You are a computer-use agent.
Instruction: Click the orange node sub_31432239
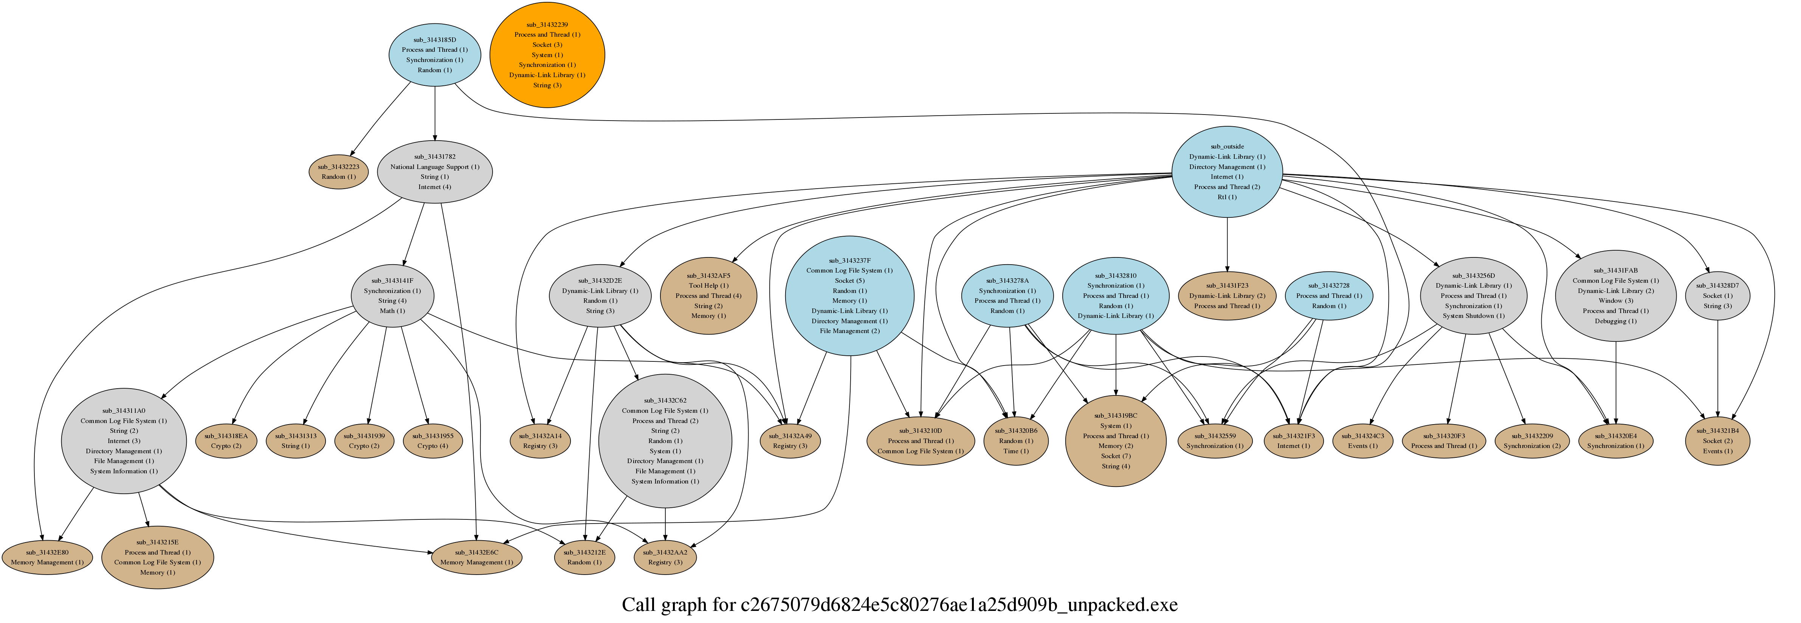click(x=547, y=54)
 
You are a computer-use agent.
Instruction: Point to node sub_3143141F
click(x=392, y=296)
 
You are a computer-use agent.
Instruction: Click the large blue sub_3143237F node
click(x=849, y=296)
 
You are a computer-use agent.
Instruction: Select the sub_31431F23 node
click(x=1227, y=296)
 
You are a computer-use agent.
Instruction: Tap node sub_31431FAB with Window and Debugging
click(x=1615, y=296)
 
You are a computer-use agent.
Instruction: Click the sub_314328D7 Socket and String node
click(x=1717, y=296)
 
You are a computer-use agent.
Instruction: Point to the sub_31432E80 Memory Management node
click(x=47, y=557)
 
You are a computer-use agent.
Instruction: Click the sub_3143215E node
click(x=157, y=557)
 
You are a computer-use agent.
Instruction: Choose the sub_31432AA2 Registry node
click(x=665, y=557)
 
